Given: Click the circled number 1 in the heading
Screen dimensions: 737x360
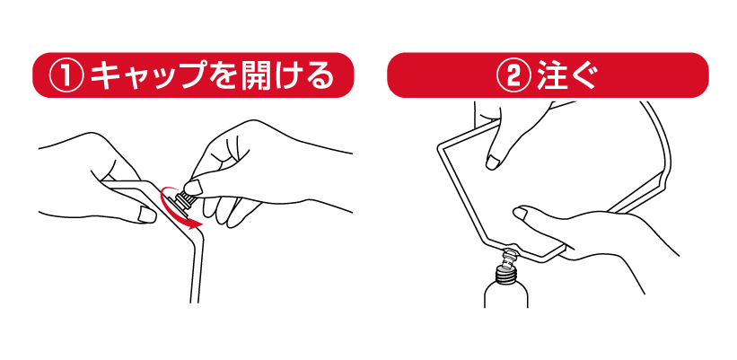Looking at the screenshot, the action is [x=66, y=75].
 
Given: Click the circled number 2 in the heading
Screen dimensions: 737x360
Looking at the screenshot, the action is [x=514, y=75].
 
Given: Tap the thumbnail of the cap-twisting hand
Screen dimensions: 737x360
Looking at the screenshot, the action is [x=193, y=188].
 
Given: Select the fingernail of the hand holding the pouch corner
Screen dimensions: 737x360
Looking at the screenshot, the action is [x=147, y=215].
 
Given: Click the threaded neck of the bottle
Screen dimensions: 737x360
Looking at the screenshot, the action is [x=506, y=272].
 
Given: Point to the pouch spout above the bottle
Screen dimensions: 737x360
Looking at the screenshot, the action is [x=509, y=258].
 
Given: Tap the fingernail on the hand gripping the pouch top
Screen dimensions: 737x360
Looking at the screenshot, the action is [x=493, y=162].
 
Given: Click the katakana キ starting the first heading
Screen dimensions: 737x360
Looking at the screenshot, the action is [x=106, y=75].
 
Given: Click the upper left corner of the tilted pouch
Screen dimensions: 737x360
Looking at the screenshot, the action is [x=439, y=146].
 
